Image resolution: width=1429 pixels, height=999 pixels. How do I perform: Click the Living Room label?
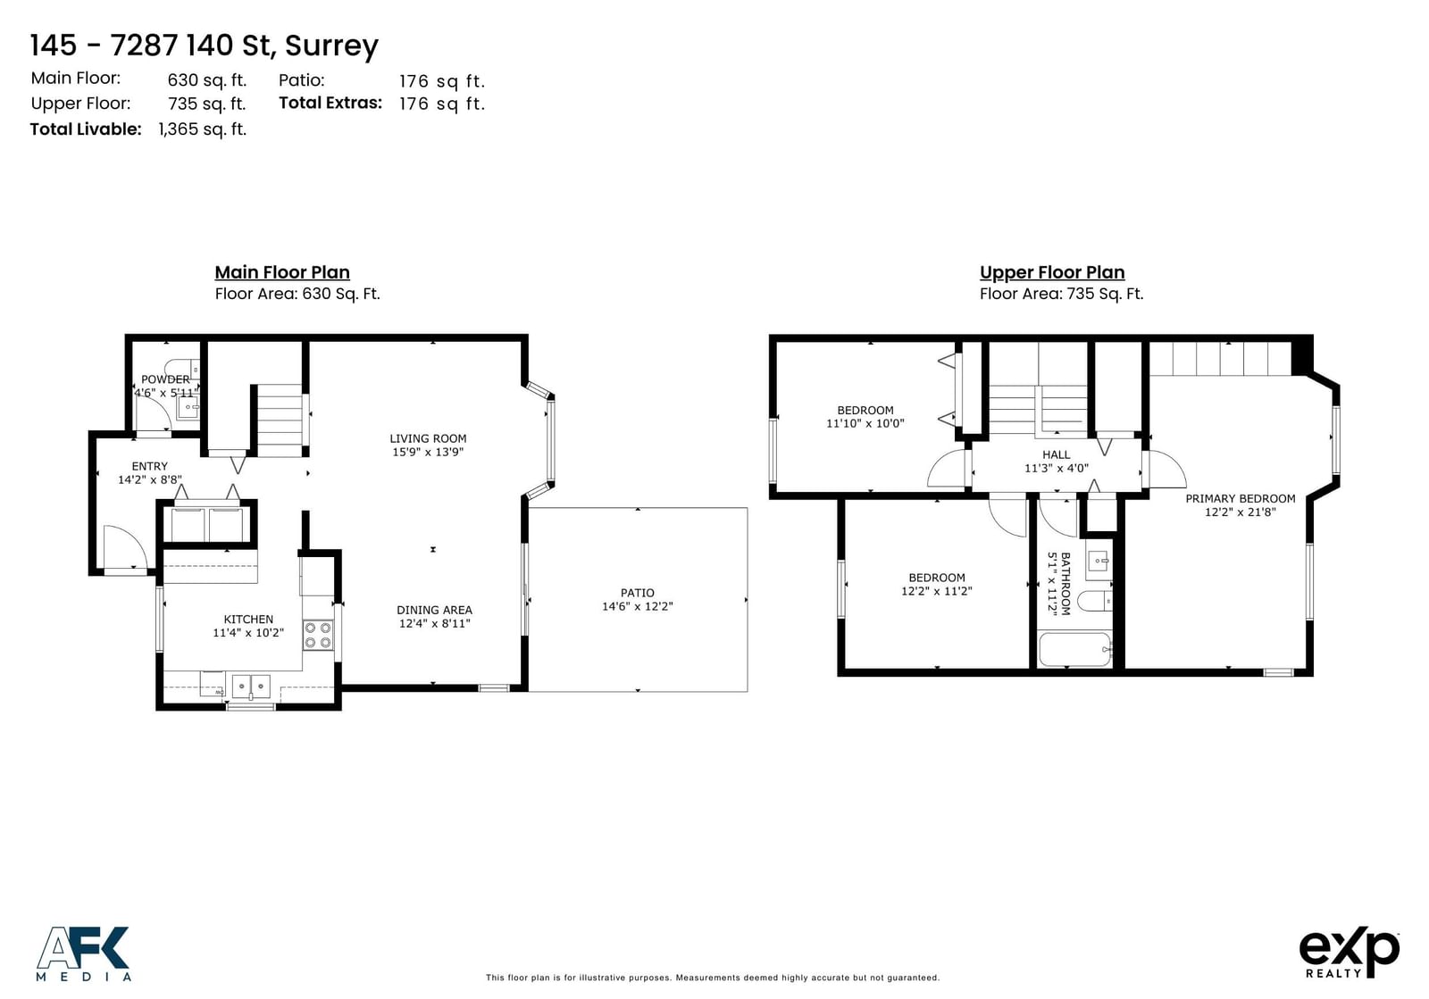click(x=428, y=438)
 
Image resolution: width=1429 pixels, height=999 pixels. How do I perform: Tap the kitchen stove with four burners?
click(x=318, y=635)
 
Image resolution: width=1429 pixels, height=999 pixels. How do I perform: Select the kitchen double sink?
click(x=251, y=687)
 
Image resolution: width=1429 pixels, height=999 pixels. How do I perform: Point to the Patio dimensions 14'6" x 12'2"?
click(x=638, y=606)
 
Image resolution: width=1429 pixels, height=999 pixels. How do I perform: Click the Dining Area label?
click(x=434, y=610)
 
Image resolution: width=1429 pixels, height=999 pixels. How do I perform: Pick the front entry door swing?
click(x=126, y=547)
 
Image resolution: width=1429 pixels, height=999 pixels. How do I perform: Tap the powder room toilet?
click(x=182, y=369)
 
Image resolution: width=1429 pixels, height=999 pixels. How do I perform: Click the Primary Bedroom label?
click(x=1241, y=498)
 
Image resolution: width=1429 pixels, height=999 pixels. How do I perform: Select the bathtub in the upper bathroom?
click(x=1075, y=649)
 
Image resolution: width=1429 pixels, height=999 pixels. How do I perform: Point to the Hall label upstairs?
click(x=1057, y=454)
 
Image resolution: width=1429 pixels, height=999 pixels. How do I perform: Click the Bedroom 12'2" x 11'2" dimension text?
click(x=937, y=591)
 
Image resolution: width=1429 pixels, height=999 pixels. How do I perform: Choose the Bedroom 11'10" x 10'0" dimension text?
click(x=865, y=423)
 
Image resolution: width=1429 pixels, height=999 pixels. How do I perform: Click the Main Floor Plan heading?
click(x=282, y=272)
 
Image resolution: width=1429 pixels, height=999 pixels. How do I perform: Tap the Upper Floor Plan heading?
click(x=1052, y=272)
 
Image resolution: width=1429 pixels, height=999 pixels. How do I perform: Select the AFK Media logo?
click(x=83, y=953)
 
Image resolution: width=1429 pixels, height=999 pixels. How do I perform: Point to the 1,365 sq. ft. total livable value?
click(x=202, y=129)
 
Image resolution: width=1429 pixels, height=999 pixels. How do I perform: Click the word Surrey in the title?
click(x=331, y=46)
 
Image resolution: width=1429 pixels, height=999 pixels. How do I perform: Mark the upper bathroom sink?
click(x=1099, y=561)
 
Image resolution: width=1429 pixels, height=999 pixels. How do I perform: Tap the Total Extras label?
click(x=330, y=103)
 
